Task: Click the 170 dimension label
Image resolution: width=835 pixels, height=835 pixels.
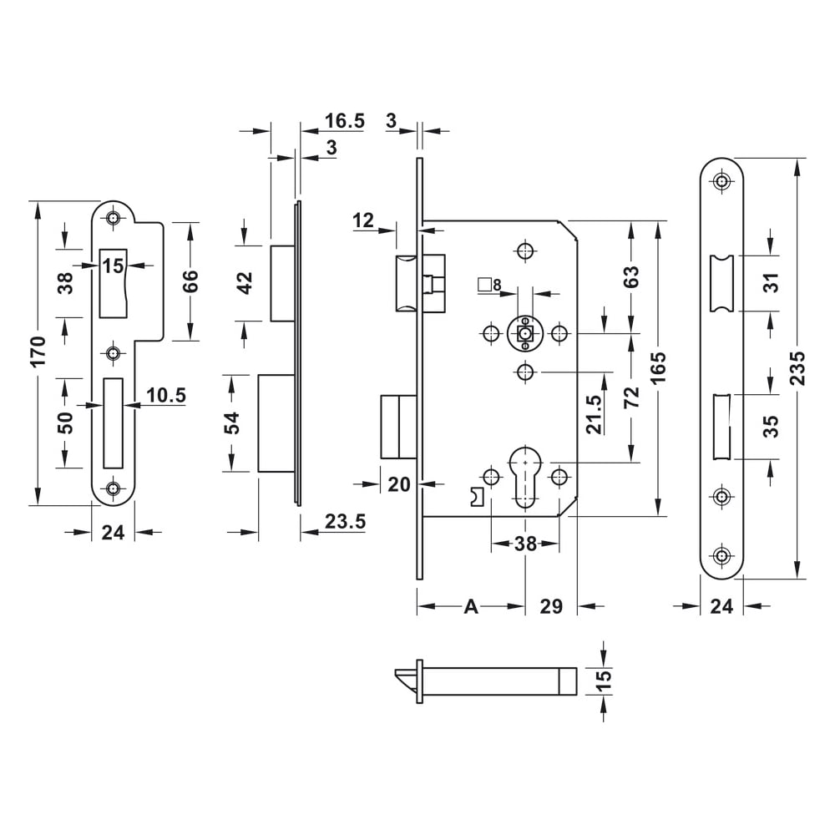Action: (37, 353)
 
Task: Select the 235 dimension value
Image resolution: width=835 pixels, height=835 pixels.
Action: (797, 367)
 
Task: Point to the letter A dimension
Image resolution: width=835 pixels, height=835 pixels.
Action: (470, 607)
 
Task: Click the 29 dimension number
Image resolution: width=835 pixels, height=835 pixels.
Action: (551, 607)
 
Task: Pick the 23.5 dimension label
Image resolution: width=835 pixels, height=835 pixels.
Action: (345, 522)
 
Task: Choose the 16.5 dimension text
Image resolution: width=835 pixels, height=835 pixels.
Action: (345, 121)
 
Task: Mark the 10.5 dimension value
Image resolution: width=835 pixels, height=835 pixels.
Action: (166, 395)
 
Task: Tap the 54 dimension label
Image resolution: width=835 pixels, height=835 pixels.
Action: (234, 423)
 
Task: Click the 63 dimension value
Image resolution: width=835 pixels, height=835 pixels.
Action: (630, 276)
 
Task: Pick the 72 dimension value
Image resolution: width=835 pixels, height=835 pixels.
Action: (630, 397)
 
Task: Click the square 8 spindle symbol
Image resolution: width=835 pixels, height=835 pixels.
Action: (489, 286)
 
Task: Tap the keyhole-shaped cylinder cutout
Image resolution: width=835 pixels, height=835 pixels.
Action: (524, 473)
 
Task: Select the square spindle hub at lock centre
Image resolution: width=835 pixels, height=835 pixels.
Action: (524, 334)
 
